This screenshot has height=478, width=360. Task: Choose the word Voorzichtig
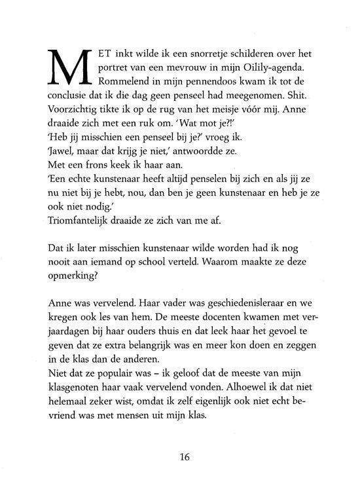click(74, 115)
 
